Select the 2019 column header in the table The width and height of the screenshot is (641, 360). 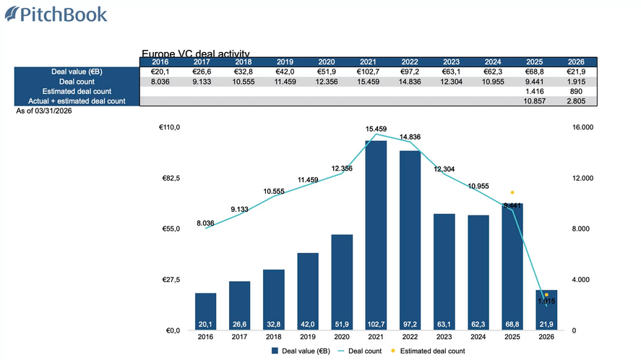285,62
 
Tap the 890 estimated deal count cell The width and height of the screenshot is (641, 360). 576,92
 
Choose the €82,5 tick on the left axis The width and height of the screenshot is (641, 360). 169,179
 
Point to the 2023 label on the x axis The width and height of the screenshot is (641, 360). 444,336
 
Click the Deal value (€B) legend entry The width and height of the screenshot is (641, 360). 301,351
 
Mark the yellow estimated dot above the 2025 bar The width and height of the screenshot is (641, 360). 512,192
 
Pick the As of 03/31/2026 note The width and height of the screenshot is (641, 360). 43,111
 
